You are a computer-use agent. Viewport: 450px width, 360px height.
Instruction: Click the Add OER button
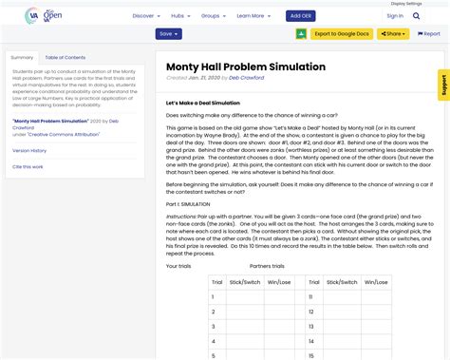(x=301, y=16)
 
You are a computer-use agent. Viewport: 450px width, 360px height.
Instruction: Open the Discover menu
(x=145, y=16)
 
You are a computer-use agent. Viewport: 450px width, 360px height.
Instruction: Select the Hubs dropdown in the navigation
(x=179, y=16)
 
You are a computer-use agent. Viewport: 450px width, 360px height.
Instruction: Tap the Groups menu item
(x=213, y=16)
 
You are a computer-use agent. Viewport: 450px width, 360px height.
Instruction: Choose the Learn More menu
(x=253, y=16)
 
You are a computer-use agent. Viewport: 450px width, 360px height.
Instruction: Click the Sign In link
(x=395, y=16)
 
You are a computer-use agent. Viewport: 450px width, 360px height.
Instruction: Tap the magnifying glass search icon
(x=417, y=16)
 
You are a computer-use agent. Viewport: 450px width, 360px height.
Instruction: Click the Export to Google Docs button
(x=342, y=34)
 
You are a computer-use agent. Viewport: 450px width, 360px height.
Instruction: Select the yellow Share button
(x=393, y=34)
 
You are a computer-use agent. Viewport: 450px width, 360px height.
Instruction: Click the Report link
(x=428, y=34)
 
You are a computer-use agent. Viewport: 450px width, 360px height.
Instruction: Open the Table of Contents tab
(x=66, y=58)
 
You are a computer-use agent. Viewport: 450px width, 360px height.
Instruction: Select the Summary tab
(x=22, y=58)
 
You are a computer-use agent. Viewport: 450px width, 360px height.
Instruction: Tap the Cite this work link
(x=28, y=166)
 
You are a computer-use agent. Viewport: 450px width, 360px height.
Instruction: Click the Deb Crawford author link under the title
(x=247, y=78)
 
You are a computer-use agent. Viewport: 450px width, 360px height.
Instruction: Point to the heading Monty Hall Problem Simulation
(x=246, y=66)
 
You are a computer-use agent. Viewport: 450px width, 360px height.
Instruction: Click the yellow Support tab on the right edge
(x=443, y=85)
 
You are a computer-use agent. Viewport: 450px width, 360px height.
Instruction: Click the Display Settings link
(x=433, y=3)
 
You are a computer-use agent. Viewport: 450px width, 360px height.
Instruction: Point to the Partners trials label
(x=267, y=266)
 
